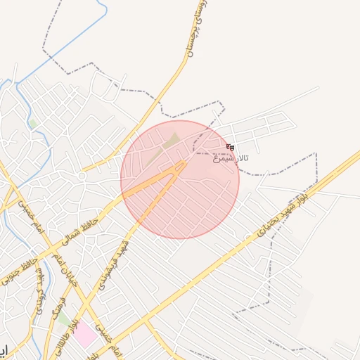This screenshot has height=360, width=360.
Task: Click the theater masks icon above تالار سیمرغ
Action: point(231,147)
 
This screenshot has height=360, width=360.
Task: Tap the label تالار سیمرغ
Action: point(231,158)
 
